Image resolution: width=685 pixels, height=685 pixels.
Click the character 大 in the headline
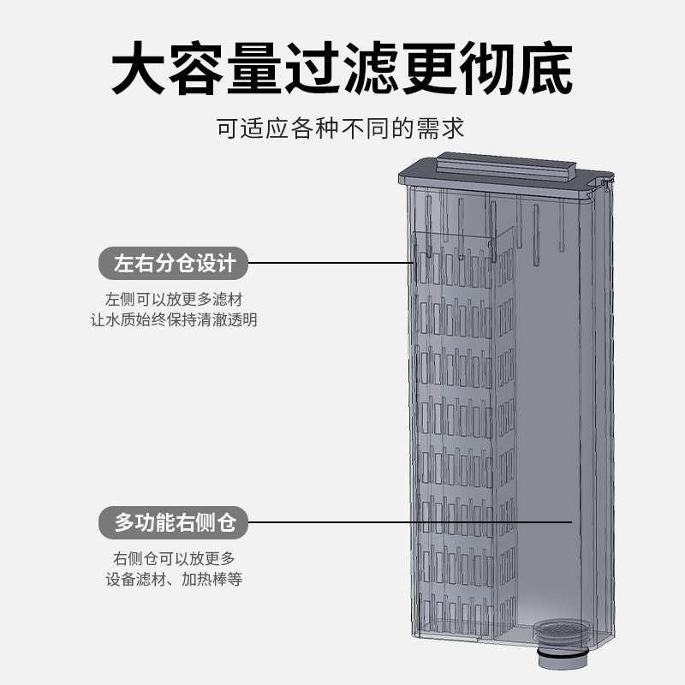pos(142,68)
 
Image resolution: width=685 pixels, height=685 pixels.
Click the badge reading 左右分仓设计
pos(175,263)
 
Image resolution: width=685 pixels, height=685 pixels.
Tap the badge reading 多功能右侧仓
pos(175,521)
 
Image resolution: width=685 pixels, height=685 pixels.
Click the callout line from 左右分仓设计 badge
pos(334,263)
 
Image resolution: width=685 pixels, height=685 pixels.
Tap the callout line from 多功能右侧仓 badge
pos(411,521)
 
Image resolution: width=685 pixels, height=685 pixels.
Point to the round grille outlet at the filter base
pos(560,630)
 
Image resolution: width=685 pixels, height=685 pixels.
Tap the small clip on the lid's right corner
pos(609,182)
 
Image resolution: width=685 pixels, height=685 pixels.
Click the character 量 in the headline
pos(257,68)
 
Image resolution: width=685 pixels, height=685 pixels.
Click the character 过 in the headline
pos(315,68)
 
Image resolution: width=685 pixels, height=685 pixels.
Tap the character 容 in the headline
pos(200,68)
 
